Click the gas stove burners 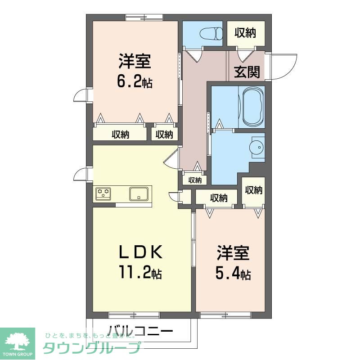[x=104, y=194]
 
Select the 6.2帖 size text [x=135, y=82]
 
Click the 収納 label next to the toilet [x=245, y=33]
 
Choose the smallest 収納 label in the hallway [x=195, y=180]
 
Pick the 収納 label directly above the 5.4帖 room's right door [x=253, y=190]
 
